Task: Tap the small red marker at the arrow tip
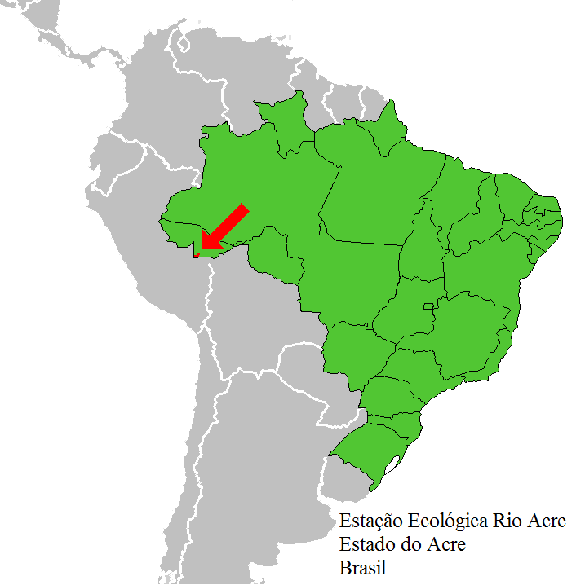tap(197, 254)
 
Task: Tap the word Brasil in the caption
tap(363, 565)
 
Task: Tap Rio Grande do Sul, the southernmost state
tap(367, 448)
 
